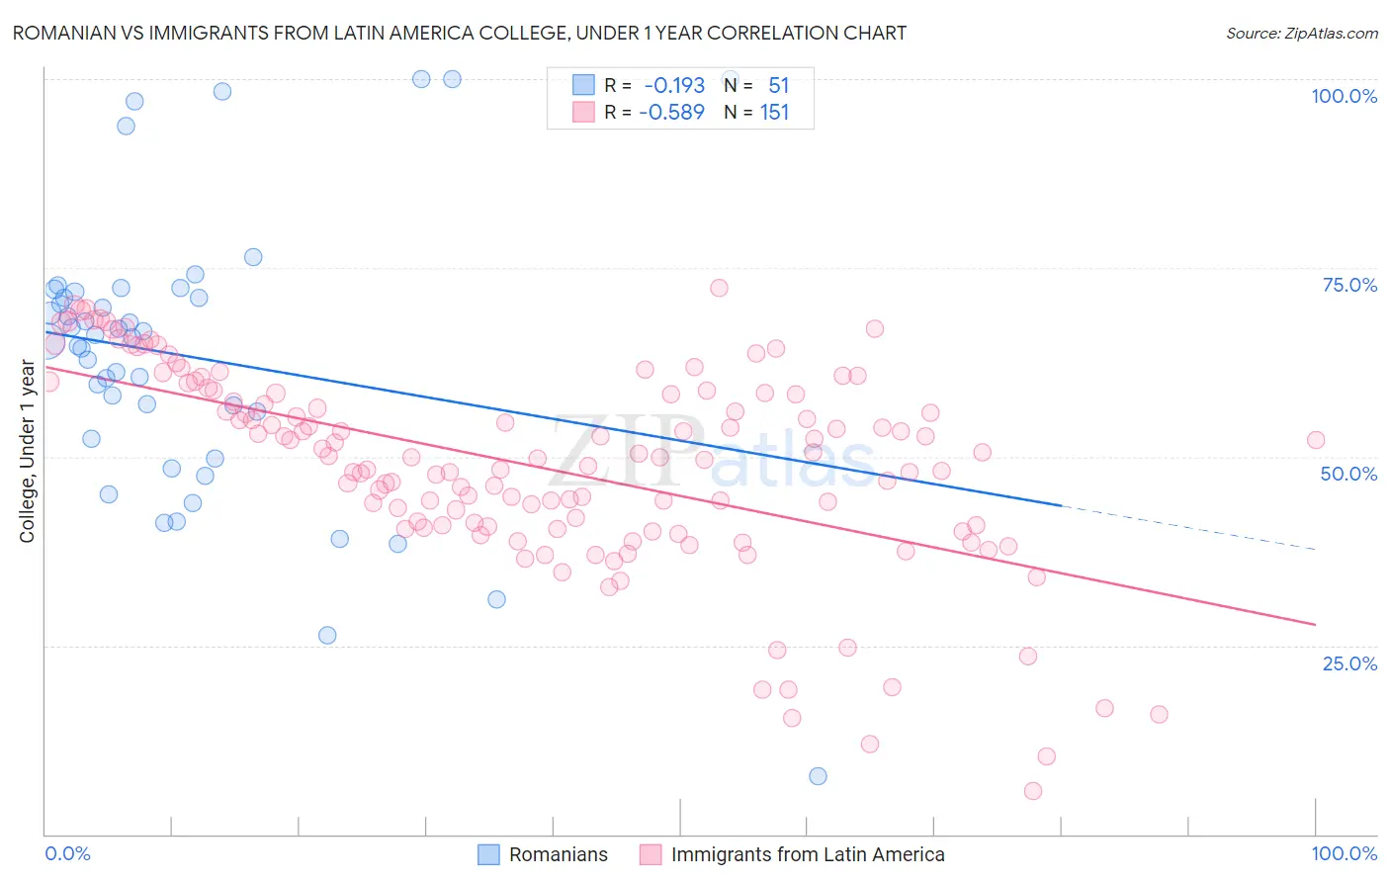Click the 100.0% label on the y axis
[x=1344, y=96]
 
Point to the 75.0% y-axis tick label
[x=1349, y=285]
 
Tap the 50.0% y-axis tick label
[x=1348, y=474]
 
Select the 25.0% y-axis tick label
[x=1349, y=663]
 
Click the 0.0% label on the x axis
[x=67, y=853]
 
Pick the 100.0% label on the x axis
[x=1344, y=853]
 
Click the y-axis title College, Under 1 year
[x=28, y=452]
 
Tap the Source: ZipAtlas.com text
[x=1301, y=34]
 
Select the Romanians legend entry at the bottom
[x=544, y=854]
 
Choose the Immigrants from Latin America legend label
[x=793, y=854]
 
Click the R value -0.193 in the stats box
[x=674, y=86]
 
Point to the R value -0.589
[x=672, y=112]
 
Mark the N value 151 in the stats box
[x=775, y=112]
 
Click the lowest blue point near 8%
[x=818, y=776]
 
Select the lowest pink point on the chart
[x=1033, y=791]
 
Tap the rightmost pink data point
[x=1316, y=440]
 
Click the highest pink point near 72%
[x=719, y=288]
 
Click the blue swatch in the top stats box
[x=583, y=86]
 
